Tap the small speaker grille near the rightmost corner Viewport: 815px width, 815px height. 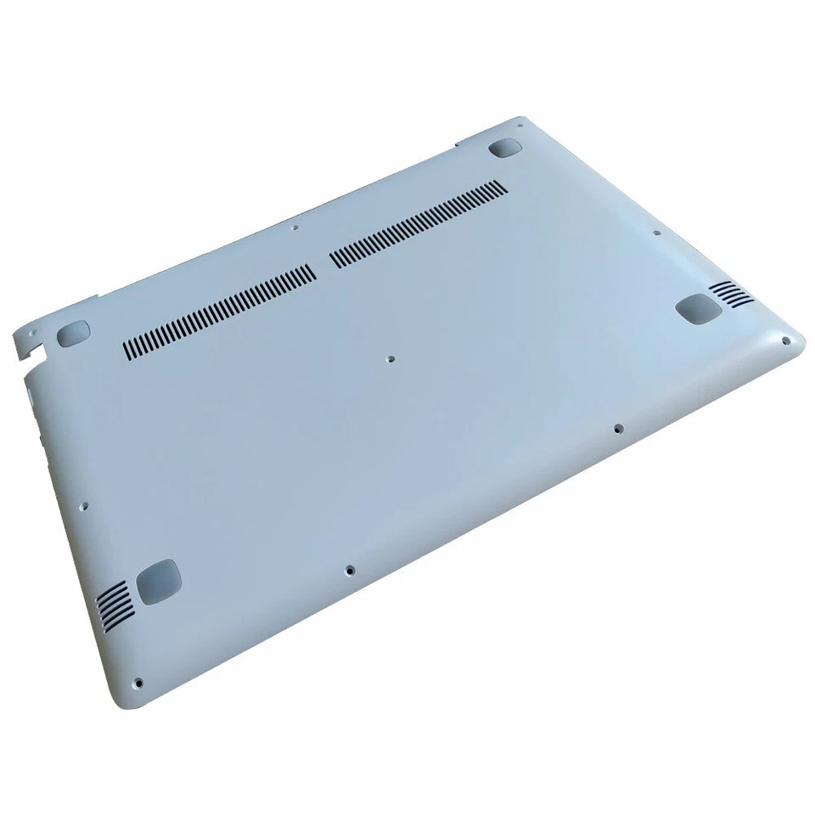(732, 294)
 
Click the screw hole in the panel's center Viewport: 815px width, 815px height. (391, 359)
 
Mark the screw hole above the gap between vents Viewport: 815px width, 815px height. (295, 228)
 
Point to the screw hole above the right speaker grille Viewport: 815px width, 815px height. (656, 232)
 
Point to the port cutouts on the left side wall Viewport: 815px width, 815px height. (31, 399)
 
